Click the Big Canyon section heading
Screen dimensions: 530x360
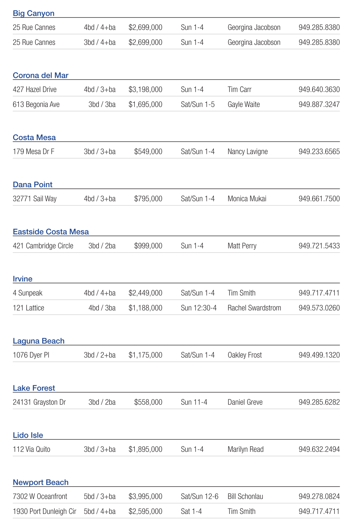point(34,13)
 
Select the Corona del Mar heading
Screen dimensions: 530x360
point(40,75)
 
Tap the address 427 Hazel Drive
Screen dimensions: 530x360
point(35,89)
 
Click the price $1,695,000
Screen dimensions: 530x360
point(145,104)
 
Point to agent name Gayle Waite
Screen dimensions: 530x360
point(243,104)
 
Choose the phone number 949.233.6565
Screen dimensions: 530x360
point(319,151)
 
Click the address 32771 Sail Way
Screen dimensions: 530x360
point(35,198)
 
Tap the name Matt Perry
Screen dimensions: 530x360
point(242,246)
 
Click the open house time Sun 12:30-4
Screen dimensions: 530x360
point(199,308)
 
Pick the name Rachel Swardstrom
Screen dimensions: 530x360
point(254,308)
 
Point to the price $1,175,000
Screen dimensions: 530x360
point(145,355)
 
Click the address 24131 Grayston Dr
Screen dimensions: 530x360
point(39,402)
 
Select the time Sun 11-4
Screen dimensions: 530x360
point(194,402)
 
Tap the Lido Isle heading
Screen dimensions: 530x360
point(28,435)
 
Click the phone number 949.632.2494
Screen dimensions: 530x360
point(319,449)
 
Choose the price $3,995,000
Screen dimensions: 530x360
point(145,496)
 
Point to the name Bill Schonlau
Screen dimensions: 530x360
point(245,496)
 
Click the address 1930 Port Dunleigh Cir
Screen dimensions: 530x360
point(44,511)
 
